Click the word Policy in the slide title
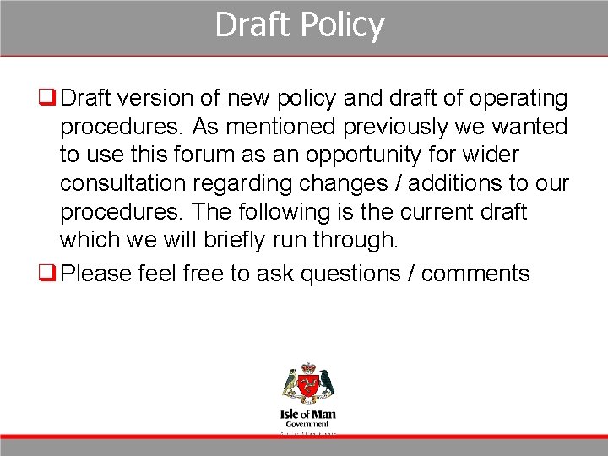tap(342, 25)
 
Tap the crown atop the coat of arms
tap(307, 368)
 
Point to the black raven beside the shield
tap(326, 384)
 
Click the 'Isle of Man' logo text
tap(307, 415)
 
